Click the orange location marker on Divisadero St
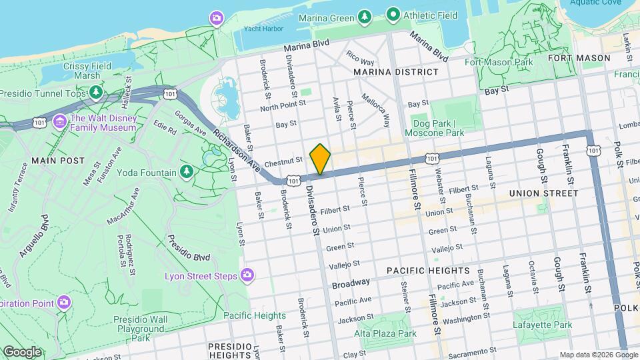click(x=320, y=159)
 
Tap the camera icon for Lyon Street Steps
click(x=247, y=275)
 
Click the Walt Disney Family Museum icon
click(x=60, y=121)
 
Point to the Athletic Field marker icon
click(x=393, y=14)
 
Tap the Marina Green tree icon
click(x=364, y=16)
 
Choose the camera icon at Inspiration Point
click(x=64, y=302)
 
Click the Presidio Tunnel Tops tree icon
click(x=97, y=92)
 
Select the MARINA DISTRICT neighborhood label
click(x=396, y=71)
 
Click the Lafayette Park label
click(x=543, y=325)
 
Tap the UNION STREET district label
click(x=543, y=193)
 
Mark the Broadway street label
click(x=351, y=283)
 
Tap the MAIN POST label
click(x=57, y=161)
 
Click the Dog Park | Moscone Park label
click(x=438, y=128)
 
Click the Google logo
click(x=22, y=352)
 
